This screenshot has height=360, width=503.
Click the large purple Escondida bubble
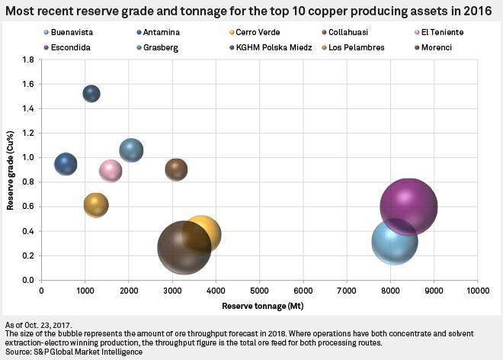coord(408,206)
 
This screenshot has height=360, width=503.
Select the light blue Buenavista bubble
coord(394,241)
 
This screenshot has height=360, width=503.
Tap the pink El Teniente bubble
coord(111,170)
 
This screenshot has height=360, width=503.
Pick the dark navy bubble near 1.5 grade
coord(91,94)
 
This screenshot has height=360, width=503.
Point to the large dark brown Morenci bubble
coord(184,247)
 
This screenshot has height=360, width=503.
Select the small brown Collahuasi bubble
coord(176,169)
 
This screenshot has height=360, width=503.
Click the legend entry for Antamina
coord(159,33)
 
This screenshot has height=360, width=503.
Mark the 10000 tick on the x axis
coord(477,291)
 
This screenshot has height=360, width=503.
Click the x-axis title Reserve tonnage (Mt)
coord(259,307)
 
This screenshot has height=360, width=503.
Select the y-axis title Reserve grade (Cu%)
coord(11,170)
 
